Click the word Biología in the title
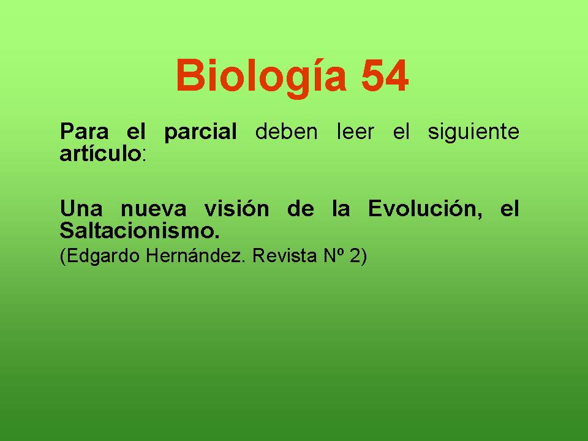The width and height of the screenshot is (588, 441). (x=261, y=77)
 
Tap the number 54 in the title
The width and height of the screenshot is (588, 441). (x=385, y=75)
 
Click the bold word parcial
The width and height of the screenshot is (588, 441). (x=200, y=133)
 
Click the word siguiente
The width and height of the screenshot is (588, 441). (x=473, y=133)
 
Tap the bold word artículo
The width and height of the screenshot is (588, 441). (x=100, y=153)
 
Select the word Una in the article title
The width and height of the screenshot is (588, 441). (x=81, y=208)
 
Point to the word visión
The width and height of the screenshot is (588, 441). (x=236, y=208)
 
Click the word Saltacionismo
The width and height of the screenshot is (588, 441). (x=140, y=230)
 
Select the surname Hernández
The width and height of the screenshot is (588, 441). (x=195, y=256)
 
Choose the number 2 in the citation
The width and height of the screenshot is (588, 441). (x=355, y=256)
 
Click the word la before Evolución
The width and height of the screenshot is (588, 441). (x=341, y=208)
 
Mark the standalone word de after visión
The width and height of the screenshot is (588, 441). (x=300, y=208)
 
